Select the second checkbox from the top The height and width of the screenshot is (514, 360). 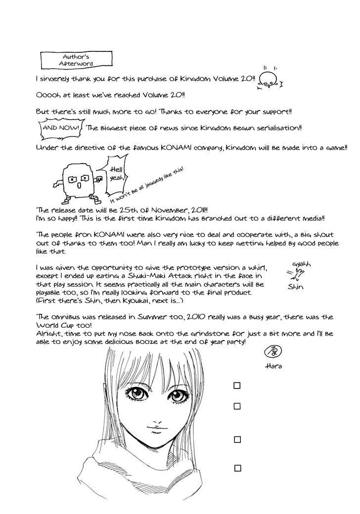point(237,406)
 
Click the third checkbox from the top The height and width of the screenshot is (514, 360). point(237,439)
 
